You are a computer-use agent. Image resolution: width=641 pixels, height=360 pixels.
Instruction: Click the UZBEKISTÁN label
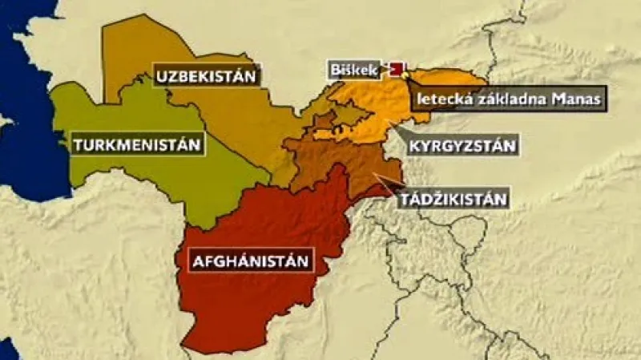tap(206, 77)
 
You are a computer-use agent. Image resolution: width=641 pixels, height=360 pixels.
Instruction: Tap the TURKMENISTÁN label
tap(135, 145)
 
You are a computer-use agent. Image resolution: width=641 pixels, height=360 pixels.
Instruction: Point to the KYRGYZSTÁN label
tap(462, 146)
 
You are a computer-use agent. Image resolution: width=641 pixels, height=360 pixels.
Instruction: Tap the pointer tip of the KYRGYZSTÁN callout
tap(390, 122)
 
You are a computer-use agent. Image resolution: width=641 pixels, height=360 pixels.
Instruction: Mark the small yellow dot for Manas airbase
tap(405, 75)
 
